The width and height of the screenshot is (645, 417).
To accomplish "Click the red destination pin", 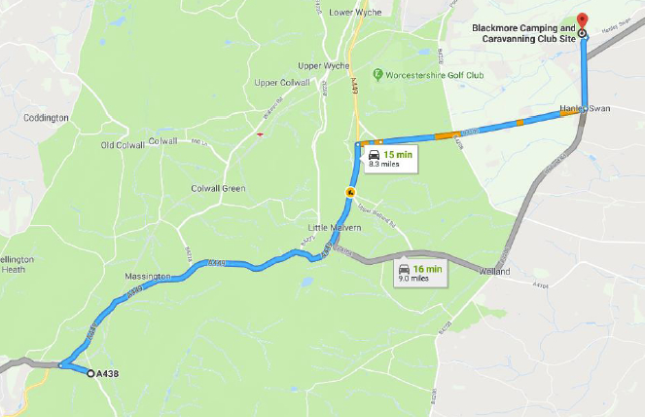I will coord(583,19).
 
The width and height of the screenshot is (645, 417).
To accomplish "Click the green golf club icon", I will coord(376,73).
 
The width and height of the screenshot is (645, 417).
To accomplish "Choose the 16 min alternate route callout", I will coord(414,273).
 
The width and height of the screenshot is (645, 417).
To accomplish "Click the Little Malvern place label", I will coord(334,227).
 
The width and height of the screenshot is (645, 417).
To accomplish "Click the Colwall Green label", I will coord(218,187).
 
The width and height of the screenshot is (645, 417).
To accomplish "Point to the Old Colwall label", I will coord(123,145).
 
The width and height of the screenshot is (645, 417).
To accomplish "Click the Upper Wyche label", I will coord(322,65).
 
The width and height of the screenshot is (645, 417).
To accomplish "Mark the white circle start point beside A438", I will coord(90,373).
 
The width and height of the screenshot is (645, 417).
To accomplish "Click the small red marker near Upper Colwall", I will coord(258,135).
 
